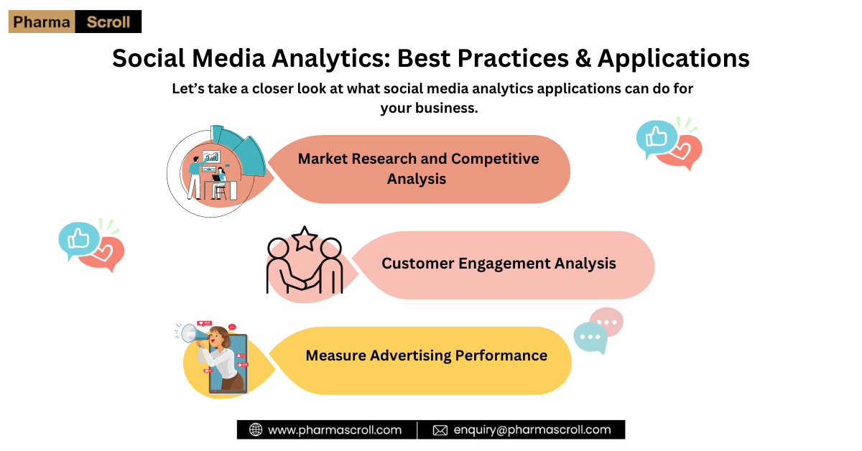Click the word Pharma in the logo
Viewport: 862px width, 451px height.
pos(42,22)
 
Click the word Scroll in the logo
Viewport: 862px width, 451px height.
pos(108,22)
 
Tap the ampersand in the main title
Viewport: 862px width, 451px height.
pos(583,58)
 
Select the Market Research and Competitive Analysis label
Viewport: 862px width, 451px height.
pos(418,169)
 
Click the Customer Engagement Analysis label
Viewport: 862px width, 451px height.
pos(499,264)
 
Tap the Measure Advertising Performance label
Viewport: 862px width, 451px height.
pos(427,355)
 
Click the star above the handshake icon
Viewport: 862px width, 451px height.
pos(305,238)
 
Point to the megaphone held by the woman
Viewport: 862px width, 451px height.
pos(193,334)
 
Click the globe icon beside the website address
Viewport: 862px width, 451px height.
pos(256,429)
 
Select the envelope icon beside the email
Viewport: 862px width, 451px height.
pos(440,430)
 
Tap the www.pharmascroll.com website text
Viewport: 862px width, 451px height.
pos(335,430)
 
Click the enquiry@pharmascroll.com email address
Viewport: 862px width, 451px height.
pos(532,430)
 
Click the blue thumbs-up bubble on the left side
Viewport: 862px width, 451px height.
pos(79,240)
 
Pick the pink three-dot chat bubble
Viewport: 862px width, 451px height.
pos(608,321)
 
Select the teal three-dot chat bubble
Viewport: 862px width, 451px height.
pos(590,337)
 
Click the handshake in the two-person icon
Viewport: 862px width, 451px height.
pos(305,284)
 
